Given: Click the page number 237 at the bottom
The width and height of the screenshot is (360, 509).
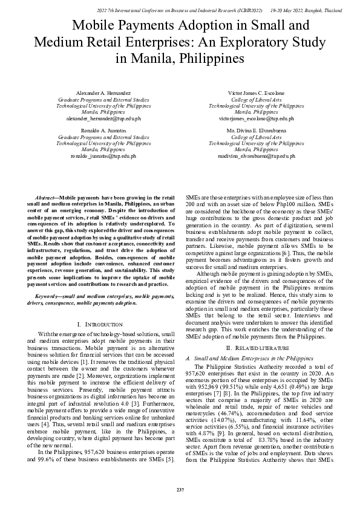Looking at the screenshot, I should [x=180, y=488].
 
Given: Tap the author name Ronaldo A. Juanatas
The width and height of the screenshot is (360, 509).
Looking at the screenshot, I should [x=103, y=131].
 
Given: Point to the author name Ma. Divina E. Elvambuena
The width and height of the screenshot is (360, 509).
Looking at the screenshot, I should [x=256, y=131].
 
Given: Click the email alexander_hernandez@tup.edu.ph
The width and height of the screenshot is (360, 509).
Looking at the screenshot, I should [x=103, y=118].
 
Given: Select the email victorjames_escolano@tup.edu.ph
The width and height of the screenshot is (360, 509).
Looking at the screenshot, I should [x=256, y=118].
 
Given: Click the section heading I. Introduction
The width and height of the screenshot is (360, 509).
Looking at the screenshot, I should [x=103, y=324].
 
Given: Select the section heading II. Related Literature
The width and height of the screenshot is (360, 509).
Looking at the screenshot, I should [x=256, y=349].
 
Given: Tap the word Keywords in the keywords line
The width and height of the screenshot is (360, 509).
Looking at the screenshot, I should [x=48, y=297].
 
